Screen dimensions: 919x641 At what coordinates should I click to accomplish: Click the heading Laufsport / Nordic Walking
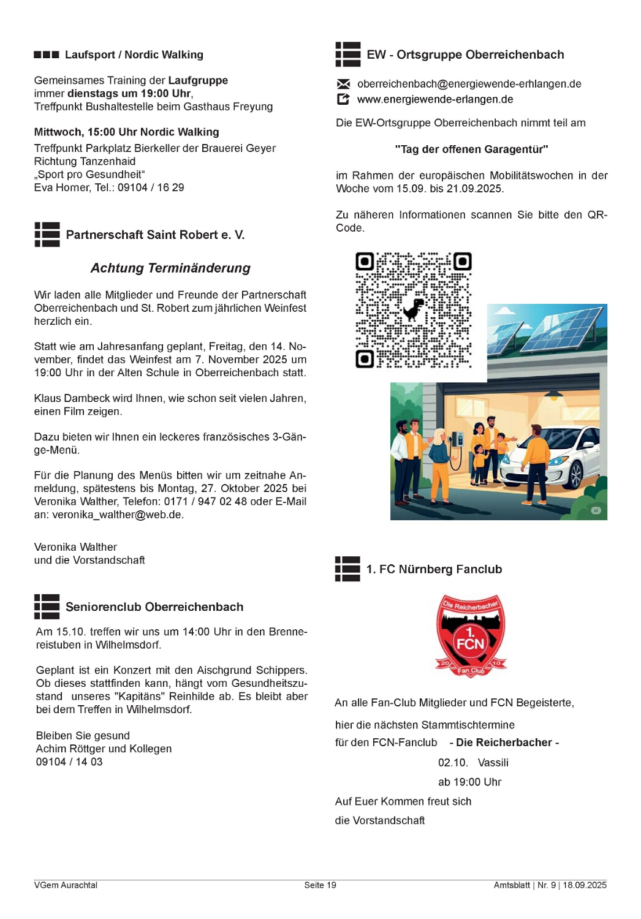(134, 55)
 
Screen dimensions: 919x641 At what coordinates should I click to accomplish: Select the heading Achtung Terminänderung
(170, 268)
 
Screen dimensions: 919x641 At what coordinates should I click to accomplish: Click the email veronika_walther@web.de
(117, 515)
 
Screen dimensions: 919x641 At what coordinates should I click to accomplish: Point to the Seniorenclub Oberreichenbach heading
(154, 607)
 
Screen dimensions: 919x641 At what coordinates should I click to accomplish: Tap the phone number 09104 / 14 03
(69, 762)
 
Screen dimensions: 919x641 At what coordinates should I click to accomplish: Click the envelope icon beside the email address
(343, 84)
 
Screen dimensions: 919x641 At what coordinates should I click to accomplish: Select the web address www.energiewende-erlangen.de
(435, 99)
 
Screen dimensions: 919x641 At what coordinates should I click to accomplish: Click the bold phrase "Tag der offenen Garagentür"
(471, 149)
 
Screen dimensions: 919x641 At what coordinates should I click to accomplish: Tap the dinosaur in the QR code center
(414, 309)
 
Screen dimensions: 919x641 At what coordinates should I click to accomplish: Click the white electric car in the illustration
(552, 456)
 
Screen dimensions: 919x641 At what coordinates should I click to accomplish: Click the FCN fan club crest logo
(471, 635)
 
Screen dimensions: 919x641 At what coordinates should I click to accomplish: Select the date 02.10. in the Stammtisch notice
(453, 763)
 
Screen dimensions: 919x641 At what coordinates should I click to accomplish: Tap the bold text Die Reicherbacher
(504, 743)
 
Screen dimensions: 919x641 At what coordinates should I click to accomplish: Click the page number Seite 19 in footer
(320, 885)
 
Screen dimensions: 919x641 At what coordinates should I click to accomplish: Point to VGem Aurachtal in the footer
(66, 885)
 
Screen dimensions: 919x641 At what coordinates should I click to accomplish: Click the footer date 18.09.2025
(585, 885)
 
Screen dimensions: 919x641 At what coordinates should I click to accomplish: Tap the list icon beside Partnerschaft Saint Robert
(47, 235)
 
